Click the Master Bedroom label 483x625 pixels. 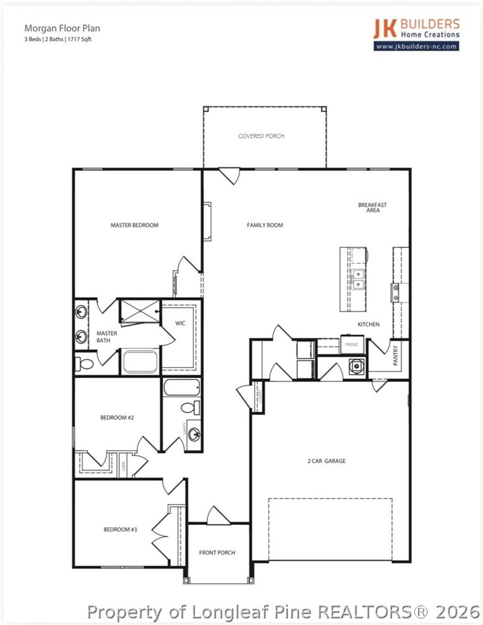[x=134, y=225]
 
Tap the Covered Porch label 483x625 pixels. [x=261, y=136]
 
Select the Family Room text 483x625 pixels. [x=265, y=225]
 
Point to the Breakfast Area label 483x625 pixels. [x=373, y=208]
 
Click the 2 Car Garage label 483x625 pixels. [x=326, y=461]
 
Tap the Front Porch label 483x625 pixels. [x=217, y=552]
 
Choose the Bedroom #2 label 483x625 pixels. [x=117, y=417]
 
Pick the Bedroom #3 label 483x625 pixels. [x=120, y=530]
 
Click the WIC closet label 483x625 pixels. [x=180, y=323]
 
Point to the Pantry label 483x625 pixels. [x=396, y=355]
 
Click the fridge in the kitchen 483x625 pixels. [x=352, y=344]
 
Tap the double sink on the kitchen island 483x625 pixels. [x=358, y=279]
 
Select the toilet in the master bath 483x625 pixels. [x=85, y=364]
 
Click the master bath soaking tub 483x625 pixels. [x=140, y=362]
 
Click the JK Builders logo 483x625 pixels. [x=416, y=28]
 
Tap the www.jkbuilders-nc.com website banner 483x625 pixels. [x=416, y=46]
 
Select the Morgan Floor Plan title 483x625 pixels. [x=62, y=28]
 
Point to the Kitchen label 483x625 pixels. [x=368, y=325]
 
